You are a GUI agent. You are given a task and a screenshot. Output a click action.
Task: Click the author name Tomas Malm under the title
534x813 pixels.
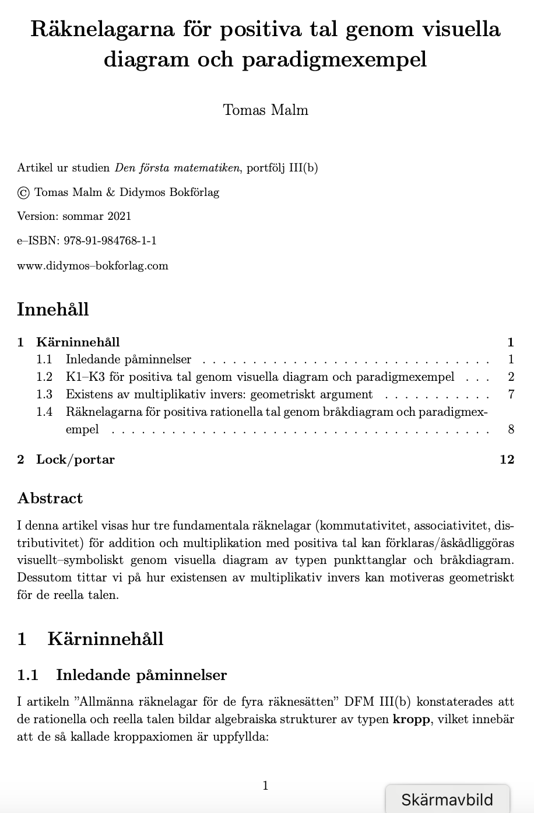265,110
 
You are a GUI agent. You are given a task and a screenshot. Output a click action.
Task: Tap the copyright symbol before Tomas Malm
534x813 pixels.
23,192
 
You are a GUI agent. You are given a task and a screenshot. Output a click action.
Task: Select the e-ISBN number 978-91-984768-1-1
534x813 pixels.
110,240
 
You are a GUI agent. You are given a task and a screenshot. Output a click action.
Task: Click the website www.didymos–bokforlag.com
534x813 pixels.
93,265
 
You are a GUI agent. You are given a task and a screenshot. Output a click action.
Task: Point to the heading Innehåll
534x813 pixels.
53,309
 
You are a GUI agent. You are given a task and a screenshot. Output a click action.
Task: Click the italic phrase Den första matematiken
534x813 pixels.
177,168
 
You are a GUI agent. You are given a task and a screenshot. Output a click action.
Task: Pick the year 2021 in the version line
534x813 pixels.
119,216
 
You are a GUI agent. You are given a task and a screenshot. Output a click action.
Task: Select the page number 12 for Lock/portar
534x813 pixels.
507,460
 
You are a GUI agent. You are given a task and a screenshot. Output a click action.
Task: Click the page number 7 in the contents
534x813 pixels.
511,394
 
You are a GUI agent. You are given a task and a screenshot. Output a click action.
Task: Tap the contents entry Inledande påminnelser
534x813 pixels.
128,359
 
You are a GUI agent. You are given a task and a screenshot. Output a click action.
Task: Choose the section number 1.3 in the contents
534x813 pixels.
44,394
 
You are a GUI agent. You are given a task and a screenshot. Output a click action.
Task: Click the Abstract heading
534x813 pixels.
50,498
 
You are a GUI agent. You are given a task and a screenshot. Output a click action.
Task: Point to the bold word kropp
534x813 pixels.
411,719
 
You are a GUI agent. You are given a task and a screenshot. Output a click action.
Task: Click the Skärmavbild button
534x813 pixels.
447,799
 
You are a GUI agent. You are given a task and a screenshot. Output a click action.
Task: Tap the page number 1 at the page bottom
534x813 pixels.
265,786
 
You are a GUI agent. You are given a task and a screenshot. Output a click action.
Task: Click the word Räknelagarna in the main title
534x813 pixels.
102,29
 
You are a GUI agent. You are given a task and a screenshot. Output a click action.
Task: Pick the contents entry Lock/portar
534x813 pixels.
75,460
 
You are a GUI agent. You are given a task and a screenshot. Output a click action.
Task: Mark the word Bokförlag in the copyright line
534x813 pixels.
194,192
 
